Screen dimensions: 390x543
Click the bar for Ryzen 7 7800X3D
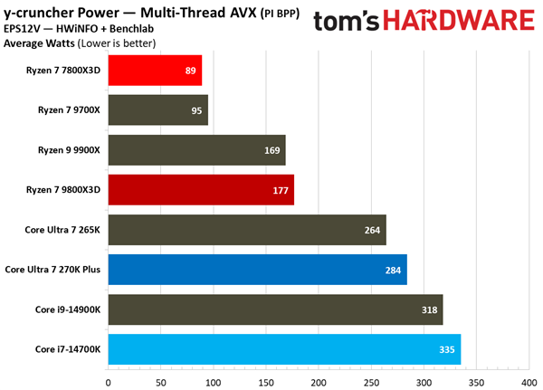tap(154, 71)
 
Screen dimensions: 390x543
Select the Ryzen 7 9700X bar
tap(157, 110)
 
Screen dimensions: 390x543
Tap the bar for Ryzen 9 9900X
tap(196, 150)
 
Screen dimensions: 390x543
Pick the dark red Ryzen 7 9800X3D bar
tap(200, 190)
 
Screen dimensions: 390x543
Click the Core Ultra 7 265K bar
tap(246, 230)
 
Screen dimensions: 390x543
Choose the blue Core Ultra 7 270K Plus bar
tap(257, 269)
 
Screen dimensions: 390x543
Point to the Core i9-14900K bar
tap(275, 309)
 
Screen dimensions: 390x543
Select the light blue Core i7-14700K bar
tap(284, 348)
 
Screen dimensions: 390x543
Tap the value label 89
tap(190, 71)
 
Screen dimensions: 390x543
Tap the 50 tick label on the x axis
tap(160, 382)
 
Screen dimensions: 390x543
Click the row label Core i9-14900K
tap(66, 309)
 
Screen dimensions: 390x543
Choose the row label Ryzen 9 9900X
tap(68, 150)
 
